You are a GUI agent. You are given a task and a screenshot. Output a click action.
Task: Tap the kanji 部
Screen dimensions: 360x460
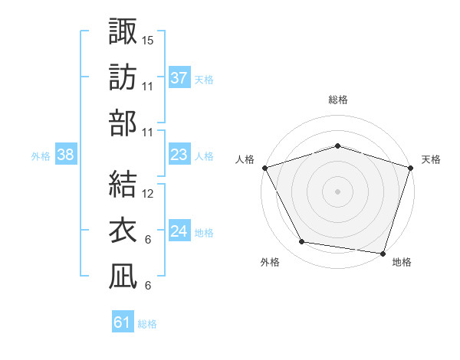click(x=123, y=123)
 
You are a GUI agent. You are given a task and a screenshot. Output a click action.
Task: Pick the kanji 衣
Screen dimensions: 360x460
click(x=123, y=231)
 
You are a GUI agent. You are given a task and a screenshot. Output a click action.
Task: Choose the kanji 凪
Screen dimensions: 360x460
click(x=123, y=277)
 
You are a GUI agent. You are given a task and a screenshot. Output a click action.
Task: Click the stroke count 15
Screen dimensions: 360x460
click(x=148, y=40)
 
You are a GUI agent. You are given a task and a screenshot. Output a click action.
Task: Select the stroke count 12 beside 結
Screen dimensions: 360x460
click(x=148, y=194)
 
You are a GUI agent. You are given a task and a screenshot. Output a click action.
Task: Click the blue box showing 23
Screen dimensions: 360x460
click(x=179, y=155)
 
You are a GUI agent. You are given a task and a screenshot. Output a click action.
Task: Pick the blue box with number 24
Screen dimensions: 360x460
click(x=179, y=231)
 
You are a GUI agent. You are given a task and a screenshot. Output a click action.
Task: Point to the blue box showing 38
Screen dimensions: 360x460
click(x=66, y=155)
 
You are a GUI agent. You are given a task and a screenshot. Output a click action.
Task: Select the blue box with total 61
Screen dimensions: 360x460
click(x=123, y=322)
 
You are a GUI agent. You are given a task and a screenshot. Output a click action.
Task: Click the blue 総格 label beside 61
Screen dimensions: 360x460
click(x=147, y=324)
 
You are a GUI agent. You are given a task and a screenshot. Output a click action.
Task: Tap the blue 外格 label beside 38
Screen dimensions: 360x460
click(x=41, y=155)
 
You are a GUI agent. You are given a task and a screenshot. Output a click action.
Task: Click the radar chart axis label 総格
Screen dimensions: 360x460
click(x=337, y=100)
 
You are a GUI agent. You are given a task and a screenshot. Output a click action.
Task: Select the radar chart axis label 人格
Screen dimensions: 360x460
click(x=245, y=159)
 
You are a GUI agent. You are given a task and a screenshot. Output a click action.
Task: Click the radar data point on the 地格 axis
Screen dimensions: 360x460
click(x=383, y=253)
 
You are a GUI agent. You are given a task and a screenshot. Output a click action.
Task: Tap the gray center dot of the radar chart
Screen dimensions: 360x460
click(x=337, y=191)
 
